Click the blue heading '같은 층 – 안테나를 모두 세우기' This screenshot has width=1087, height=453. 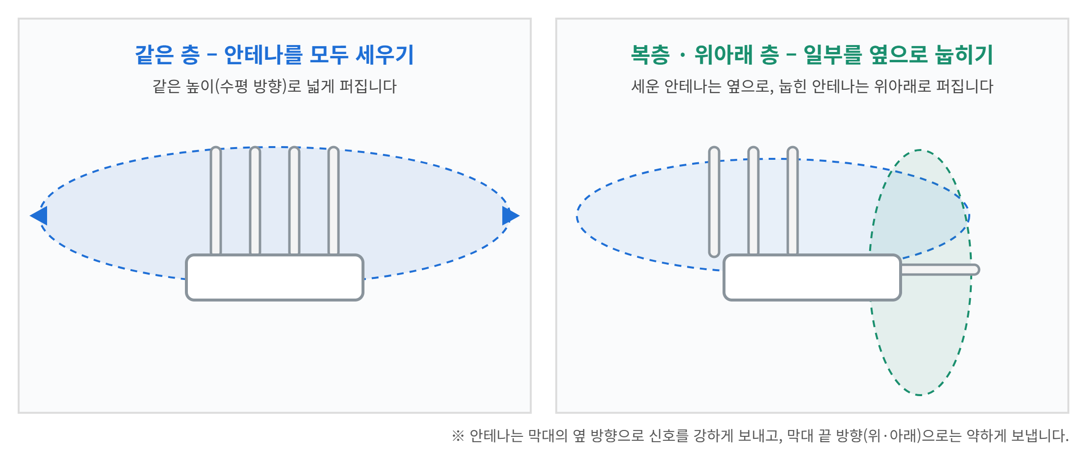tap(275, 54)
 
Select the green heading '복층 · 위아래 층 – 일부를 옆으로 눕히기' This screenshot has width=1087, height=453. tap(812, 54)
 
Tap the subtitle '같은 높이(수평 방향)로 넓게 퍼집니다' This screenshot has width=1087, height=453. tap(275, 86)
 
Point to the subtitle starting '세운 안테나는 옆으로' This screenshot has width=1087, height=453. tap(812, 86)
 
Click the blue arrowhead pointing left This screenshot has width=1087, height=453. tap(39, 216)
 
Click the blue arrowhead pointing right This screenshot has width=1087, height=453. tap(511, 216)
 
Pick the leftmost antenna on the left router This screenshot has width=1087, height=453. tap(216, 201)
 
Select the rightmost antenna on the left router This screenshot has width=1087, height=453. tap(334, 201)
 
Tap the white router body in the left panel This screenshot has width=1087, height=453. tap(275, 277)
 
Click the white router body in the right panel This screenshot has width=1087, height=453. tap(812, 277)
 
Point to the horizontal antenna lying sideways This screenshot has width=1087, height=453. tap(940, 270)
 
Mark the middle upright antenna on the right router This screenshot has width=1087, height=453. tap(753, 201)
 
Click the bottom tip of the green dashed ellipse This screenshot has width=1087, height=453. tap(920, 395)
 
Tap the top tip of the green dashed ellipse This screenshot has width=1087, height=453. tap(920, 150)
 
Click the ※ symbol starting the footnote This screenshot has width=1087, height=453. tap(458, 435)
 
